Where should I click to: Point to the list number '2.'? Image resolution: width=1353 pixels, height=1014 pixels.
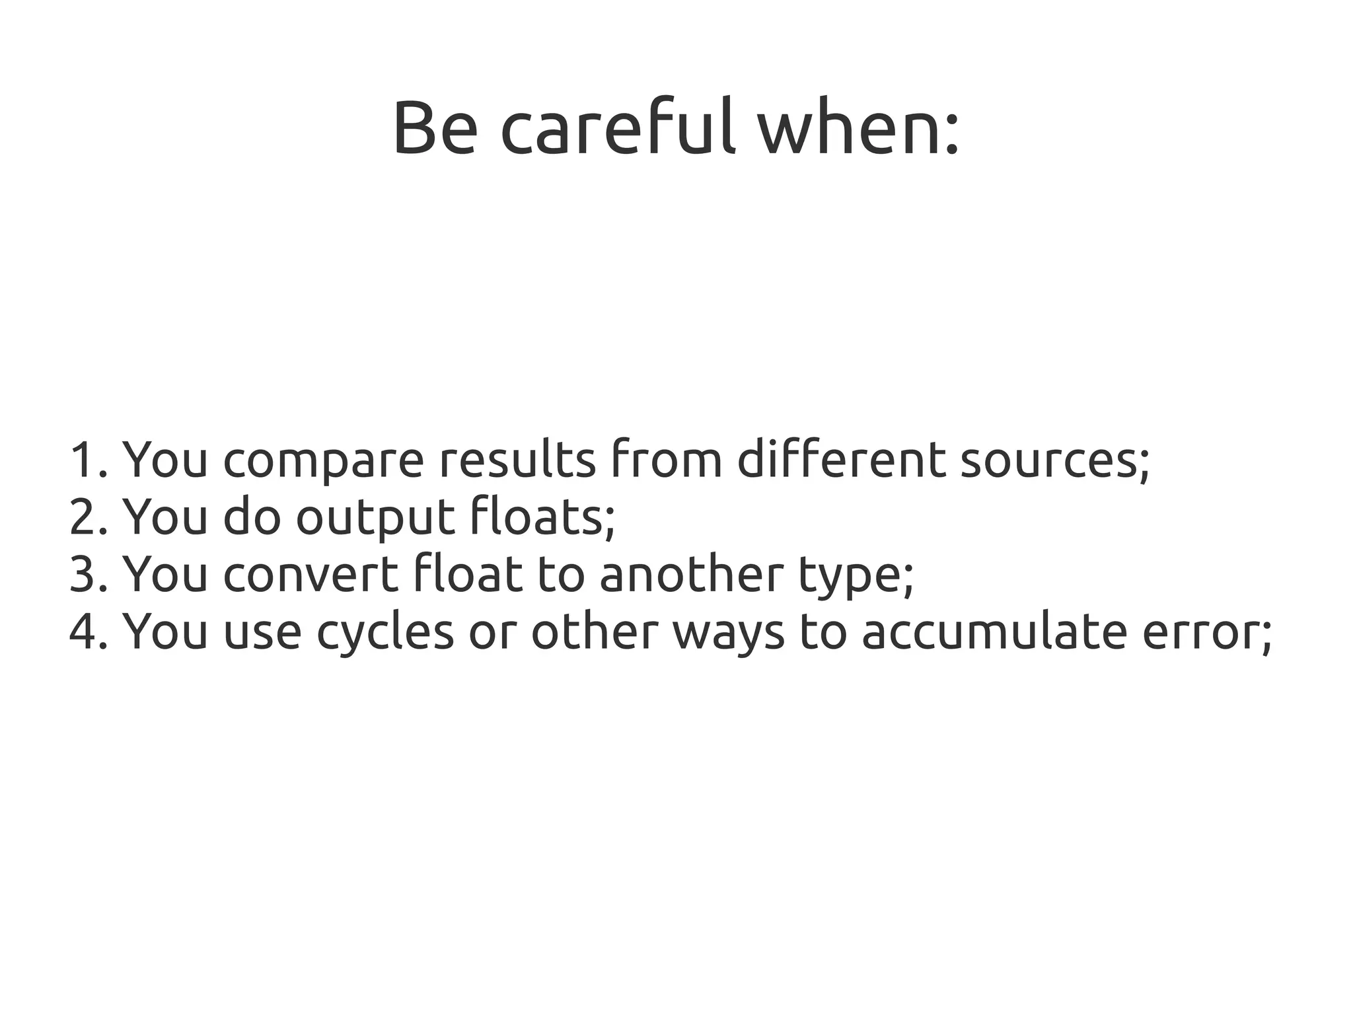point(88,517)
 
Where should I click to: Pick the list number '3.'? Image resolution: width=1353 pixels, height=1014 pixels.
point(88,573)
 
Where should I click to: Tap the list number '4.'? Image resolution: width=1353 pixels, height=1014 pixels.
point(88,631)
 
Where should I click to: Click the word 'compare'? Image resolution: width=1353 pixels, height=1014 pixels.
point(324,460)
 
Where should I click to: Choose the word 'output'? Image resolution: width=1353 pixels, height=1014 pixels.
point(375,518)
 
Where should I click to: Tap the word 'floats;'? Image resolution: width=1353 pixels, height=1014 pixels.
point(542,517)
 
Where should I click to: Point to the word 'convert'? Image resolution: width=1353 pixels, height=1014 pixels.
point(311,573)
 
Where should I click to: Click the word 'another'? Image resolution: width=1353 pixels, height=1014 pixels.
point(691,573)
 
